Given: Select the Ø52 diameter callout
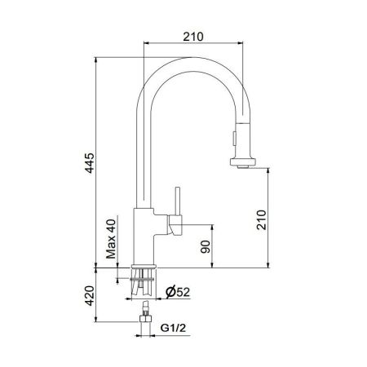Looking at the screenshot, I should [x=182, y=291].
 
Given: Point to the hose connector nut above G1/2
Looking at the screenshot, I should [x=147, y=321].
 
